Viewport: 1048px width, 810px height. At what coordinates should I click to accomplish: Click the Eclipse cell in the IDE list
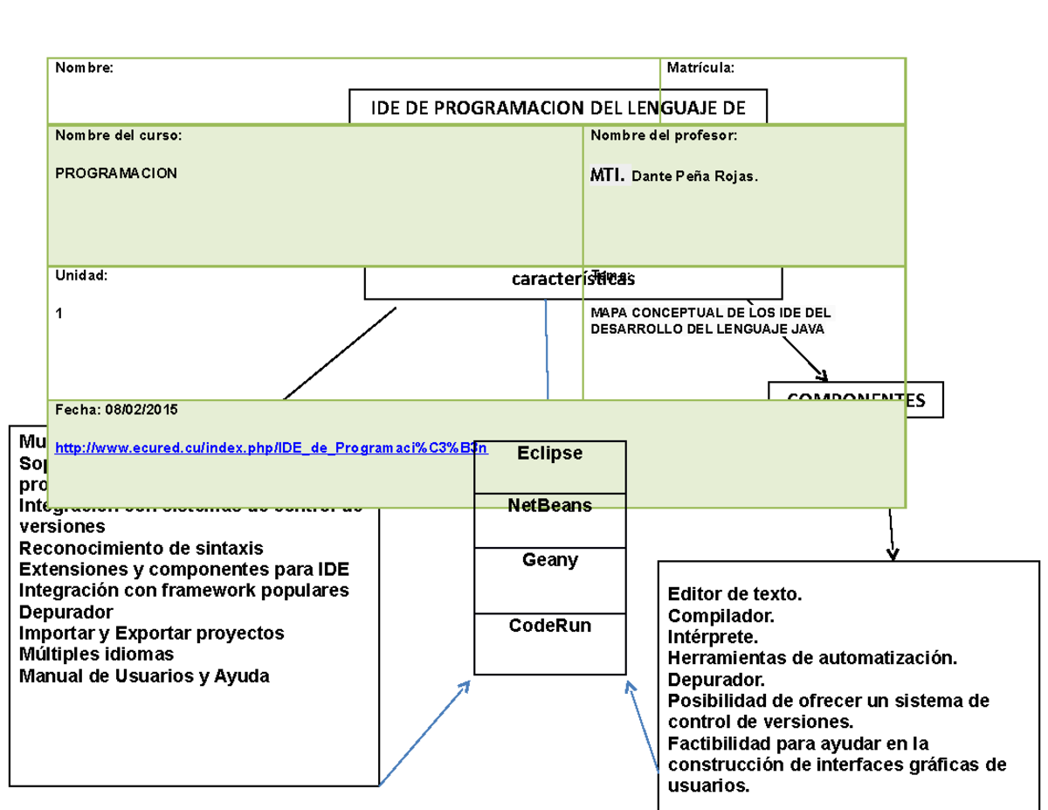549,454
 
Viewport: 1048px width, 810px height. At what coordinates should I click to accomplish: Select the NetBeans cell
549,506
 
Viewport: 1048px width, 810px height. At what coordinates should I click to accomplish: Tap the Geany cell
549,560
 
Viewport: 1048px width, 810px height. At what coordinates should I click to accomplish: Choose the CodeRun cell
549,627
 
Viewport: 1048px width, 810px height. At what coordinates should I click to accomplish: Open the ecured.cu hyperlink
271,448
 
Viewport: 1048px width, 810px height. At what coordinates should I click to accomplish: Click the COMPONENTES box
855,400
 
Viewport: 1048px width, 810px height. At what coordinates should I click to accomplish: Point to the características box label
572,280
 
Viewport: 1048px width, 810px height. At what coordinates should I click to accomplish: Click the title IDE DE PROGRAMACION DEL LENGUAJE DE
558,107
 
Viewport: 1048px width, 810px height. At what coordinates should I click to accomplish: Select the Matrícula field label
700,68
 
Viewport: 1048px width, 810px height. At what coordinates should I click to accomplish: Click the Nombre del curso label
119,135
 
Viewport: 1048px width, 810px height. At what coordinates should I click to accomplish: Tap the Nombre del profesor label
664,135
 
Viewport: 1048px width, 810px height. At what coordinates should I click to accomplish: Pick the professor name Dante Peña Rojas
694,177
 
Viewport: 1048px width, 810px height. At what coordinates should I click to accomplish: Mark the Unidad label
81,275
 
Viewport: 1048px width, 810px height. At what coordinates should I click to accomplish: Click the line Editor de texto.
734,595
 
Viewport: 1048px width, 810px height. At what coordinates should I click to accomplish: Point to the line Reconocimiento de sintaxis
141,549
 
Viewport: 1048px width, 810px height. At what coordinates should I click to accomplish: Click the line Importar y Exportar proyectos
151,633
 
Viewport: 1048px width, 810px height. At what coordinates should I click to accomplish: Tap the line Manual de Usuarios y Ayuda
144,676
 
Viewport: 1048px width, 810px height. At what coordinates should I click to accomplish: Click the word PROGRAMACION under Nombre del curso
116,174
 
